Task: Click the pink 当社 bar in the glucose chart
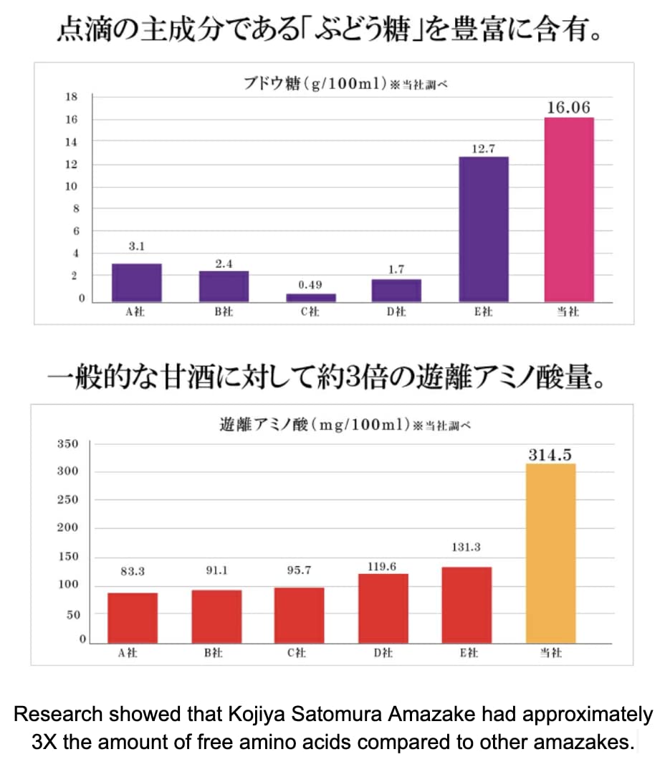pos(569,209)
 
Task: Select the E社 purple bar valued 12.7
pos(484,229)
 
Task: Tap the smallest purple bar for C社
pos(310,297)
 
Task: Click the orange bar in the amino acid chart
pos(550,553)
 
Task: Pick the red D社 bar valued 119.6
pos(383,608)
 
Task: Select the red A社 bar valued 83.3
pos(133,618)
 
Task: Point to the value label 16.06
pos(568,108)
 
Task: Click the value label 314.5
pos(550,455)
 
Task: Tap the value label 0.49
pos(310,285)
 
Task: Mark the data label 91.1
pos(216,571)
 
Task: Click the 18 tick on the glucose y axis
pos(72,97)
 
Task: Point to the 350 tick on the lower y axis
pos(67,444)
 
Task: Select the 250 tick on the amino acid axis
pos(67,500)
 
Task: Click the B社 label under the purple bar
pos(224,312)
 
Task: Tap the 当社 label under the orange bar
pos(550,653)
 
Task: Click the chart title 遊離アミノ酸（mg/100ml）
pos(315,425)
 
